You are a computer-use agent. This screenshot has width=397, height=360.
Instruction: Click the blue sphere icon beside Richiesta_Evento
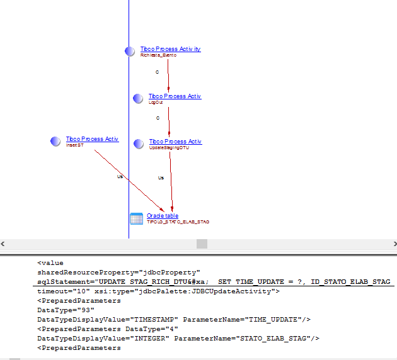pos(130,52)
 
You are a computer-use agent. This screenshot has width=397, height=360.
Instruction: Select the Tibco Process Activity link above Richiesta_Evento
pos(170,49)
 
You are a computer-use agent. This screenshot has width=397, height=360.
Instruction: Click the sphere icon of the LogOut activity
pos(139,99)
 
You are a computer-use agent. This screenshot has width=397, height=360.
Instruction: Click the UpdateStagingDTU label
pos(168,148)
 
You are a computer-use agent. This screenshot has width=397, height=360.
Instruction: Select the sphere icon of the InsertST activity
pos(55,142)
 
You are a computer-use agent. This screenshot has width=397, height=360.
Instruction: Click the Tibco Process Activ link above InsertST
pos(92,139)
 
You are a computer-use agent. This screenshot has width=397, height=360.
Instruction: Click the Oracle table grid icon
pos(136,218)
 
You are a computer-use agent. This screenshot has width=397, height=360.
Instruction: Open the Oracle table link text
pos(163,216)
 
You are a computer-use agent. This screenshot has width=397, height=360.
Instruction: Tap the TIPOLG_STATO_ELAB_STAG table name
pos(178,222)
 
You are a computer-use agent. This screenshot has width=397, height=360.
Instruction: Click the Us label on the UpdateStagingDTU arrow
pos(161,178)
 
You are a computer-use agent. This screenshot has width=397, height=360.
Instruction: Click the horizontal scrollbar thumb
pos(202,244)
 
